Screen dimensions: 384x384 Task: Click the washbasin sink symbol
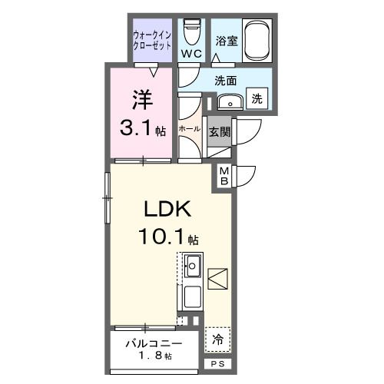tap(227, 101)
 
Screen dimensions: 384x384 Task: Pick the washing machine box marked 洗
tap(257, 98)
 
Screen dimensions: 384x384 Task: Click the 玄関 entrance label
tap(219, 131)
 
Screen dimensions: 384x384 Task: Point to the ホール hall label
tap(190, 129)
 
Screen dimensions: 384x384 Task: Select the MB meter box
tap(224, 175)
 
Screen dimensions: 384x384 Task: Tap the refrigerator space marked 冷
tap(218, 338)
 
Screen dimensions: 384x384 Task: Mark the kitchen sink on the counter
tap(193, 269)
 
